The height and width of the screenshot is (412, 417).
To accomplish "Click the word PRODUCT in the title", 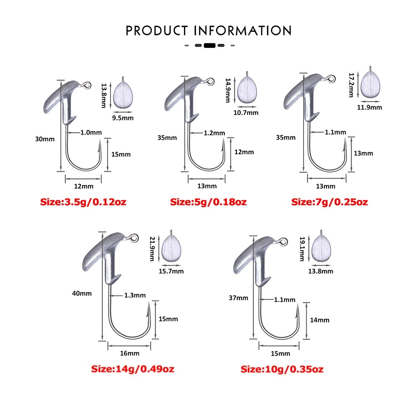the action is coord(157,31).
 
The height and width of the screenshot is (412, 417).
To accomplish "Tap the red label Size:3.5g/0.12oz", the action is coord(83,202).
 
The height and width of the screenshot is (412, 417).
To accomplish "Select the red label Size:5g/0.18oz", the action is coord(208,202).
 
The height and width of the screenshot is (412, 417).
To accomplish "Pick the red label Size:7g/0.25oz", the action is coord(329,202).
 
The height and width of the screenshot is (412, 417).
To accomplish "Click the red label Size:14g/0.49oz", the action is coord(133,369).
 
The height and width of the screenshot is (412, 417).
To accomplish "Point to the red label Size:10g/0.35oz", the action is coord(282,369).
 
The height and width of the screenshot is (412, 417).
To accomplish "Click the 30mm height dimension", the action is coord(45,139).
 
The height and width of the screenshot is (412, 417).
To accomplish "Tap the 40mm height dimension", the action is coord(82,293).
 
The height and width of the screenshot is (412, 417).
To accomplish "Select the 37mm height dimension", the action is coord(238,298).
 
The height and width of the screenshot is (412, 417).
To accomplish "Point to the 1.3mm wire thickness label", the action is coord(135,295).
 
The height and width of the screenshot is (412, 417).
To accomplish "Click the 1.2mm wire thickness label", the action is coord(214,133).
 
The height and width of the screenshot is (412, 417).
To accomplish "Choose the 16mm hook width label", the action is coord(130,353).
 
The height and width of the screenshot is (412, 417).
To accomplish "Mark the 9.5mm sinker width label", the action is coord(123,118).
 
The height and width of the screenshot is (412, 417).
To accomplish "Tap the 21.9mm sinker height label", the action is coord(152,249).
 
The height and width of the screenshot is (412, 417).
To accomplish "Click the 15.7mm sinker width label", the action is coord(171,271).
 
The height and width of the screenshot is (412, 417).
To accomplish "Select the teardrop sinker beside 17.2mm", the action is coord(370,85).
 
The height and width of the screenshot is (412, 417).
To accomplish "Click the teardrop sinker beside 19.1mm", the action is coord(321,248).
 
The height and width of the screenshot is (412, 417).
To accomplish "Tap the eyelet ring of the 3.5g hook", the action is coord(86,85).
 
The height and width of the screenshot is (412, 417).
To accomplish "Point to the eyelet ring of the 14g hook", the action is coord(134,238).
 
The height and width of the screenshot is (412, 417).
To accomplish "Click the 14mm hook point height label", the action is coord(319,320).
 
